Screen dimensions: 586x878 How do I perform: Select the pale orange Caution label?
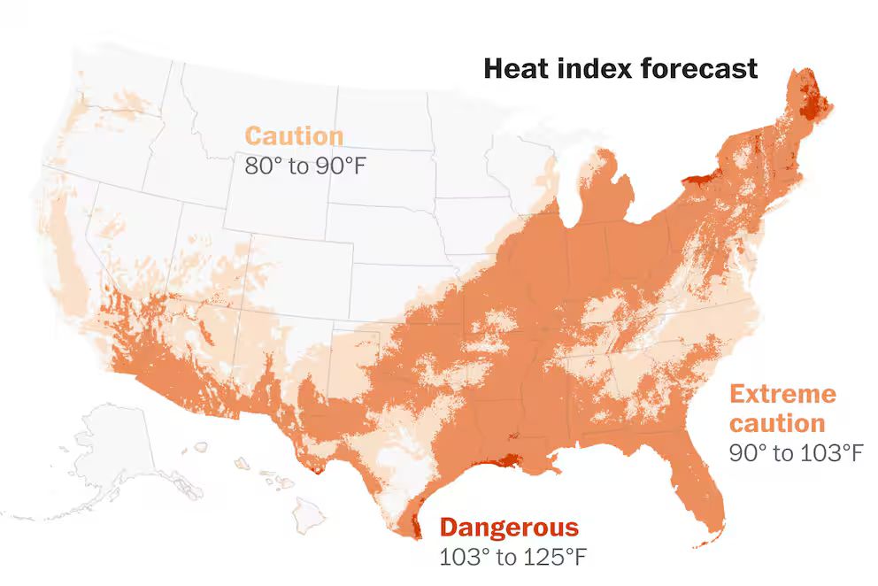(293, 136)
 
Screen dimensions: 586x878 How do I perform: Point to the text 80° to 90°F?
(304, 166)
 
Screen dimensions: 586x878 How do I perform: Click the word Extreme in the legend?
(782, 393)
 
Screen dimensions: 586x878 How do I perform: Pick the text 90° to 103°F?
(795, 452)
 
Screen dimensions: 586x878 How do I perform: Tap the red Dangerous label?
(509, 528)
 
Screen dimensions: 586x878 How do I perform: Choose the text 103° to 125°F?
(512, 558)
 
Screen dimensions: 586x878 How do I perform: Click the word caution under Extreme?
(777, 422)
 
